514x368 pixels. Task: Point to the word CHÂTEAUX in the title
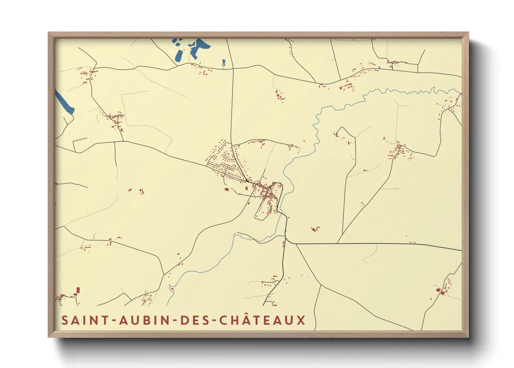click(x=263, y=320)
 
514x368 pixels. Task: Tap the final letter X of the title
click(x=301, y=320)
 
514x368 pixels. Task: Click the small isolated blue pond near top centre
click(x=224, y=63)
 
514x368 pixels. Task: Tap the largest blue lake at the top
click(x=199, y=47)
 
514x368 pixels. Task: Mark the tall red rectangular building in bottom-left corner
click(x=78, y=290)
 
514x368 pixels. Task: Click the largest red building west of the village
click(x=226, y=190)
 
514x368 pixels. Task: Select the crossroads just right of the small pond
click(x=232, y=68)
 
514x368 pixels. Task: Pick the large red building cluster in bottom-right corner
click(x=442, y=291)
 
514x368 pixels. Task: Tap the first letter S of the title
click(x=65, y=320)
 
